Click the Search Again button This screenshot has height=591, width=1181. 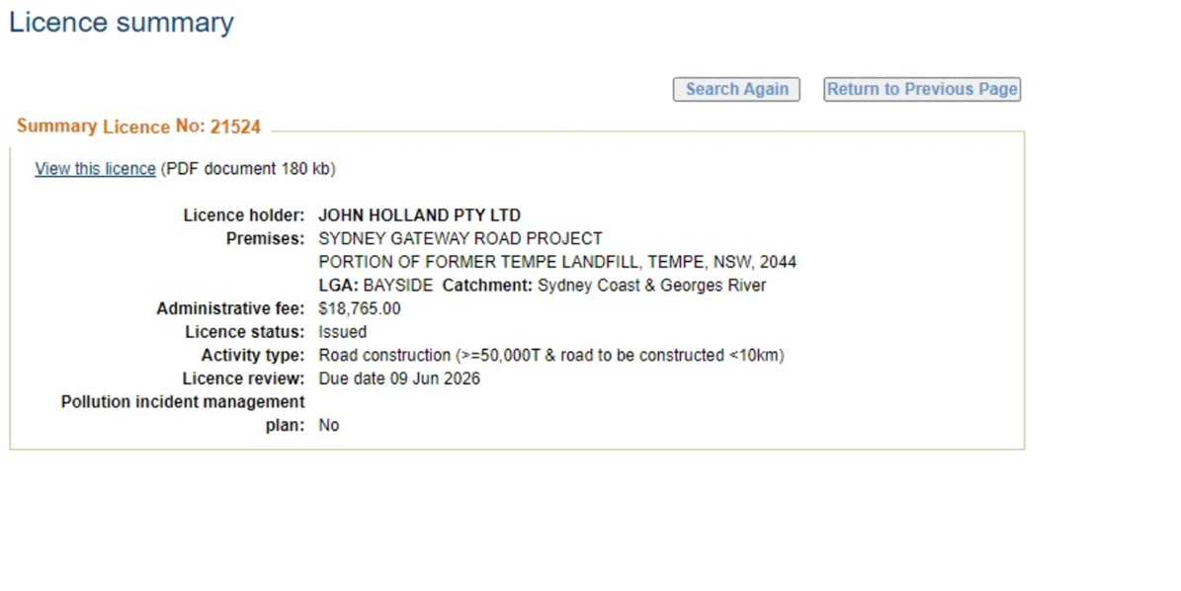(736, 90)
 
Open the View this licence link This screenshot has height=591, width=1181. (95, 169)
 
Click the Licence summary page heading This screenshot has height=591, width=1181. (122, 22)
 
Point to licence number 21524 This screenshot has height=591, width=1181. (236, 127)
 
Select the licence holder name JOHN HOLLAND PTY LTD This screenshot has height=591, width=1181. (419, 215)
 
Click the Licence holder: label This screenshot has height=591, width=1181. (244, 215)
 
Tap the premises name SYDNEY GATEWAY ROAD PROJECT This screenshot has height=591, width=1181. (461, 238)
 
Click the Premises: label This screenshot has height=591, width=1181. (265, 238)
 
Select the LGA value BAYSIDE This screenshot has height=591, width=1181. (397, 286)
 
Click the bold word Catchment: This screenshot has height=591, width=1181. (487, 286)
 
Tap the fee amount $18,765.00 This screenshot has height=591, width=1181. (360, 308)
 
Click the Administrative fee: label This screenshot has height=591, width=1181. (230, 308)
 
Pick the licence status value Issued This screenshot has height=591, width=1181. (343, 332)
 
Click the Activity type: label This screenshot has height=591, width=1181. (253, 356)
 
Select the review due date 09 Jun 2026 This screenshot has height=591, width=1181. (435, 379)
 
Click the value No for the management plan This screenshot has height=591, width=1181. (329, 425)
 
